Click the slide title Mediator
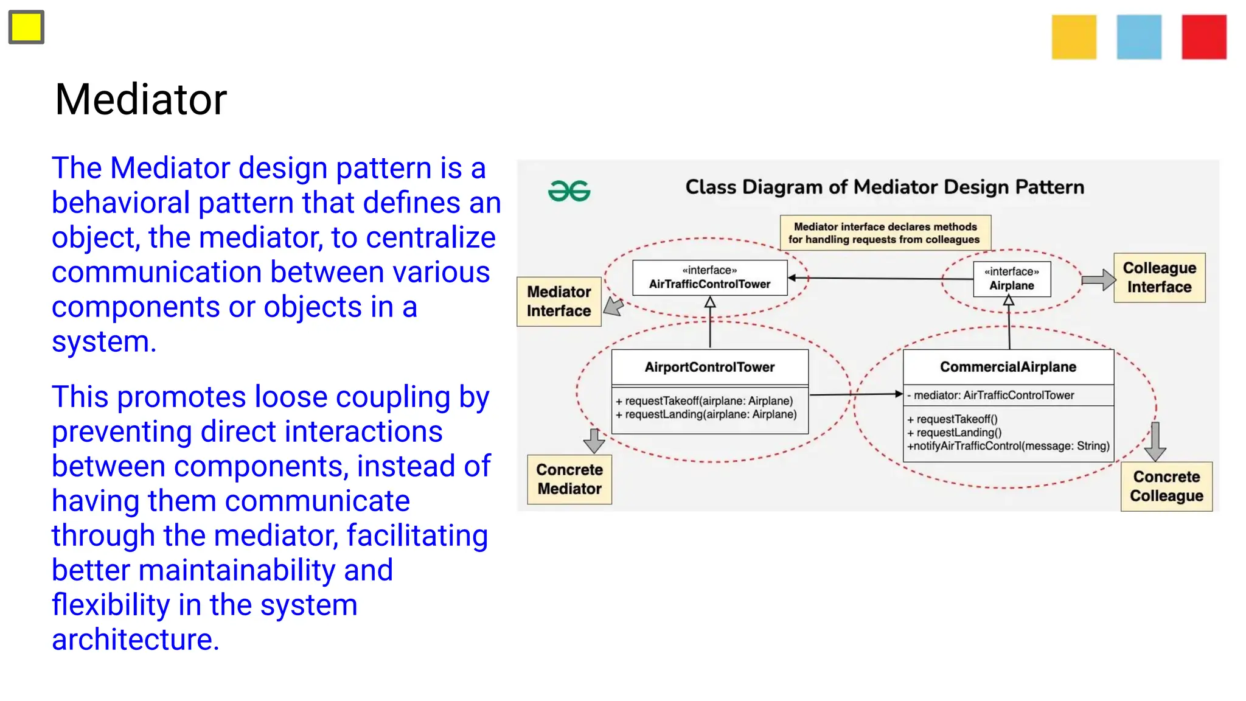coord(141,99)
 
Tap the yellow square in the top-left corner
coord(26,27)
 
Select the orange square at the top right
coord(1074,37)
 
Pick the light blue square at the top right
coord(1139,37)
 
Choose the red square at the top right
coord(1204,37)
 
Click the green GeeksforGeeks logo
coord(569,191)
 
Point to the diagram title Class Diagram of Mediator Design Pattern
coord(885,187)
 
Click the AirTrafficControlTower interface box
coord(709,277)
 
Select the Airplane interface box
coord(1011,279)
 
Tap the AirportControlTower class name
coord(709,367)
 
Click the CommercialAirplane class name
coord(1008,367)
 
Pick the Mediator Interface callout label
coord(559,301)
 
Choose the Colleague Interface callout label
coord(1159,277)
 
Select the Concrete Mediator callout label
coord(569,479)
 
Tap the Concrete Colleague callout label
coord(1166,486)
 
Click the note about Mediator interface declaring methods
coord(885,233)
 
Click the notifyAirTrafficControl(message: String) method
coord(1008,446)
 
